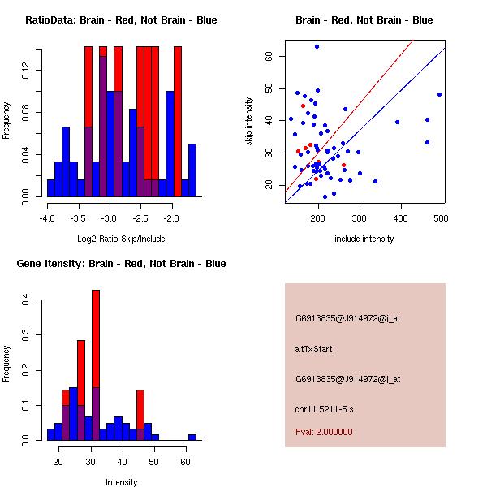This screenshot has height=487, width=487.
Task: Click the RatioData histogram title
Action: coord(120,19)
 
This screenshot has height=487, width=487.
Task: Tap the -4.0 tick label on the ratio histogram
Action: coord(47,218)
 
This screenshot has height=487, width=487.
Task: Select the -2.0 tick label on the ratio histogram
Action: coord(171,218)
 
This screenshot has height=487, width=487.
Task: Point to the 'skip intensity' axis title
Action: coord(249,122)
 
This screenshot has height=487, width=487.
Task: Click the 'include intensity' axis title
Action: coord(364,239)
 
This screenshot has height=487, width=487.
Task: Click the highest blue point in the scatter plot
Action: coord(317,46)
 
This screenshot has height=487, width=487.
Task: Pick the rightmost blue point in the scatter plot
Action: coord(439,94)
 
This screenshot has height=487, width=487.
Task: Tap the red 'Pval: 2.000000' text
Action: coord(324,432)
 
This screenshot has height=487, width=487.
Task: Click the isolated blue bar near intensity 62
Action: coord(192,437)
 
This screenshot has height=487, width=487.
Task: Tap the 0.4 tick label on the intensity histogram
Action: coord(27,300)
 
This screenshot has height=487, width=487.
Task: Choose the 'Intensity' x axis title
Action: coord(122,482)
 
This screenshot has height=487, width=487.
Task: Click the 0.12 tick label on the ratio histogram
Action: coord(27,73)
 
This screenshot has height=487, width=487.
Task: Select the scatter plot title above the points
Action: coord(364,19)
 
